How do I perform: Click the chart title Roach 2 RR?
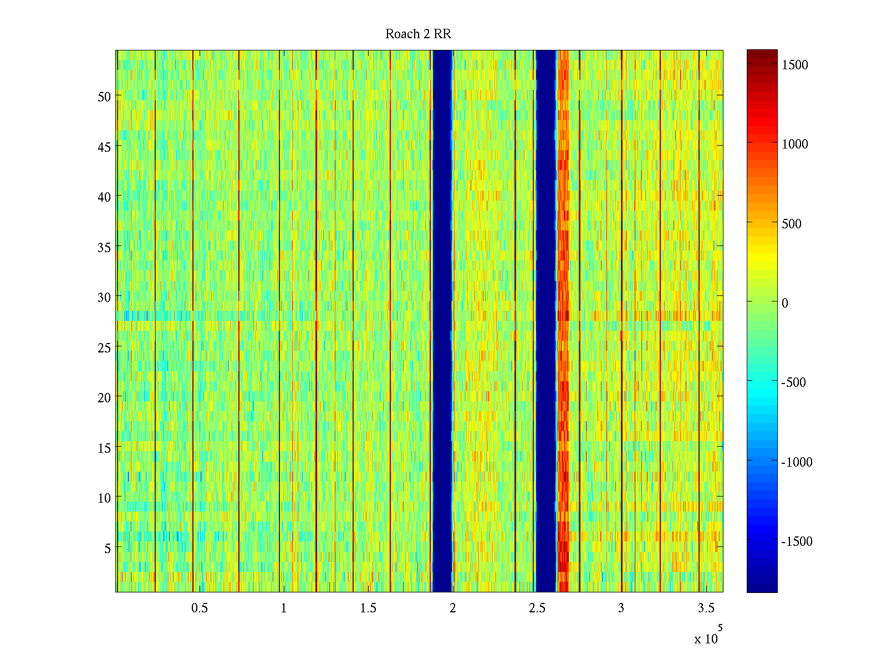pyautogui.click(x=418, y=34)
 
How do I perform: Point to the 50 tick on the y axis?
pyautogui.click(x=104, y=96)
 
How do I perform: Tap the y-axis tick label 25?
pyautogui.click(x=104, y=347)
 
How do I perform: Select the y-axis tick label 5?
pyautogui.click(x=107, y=548)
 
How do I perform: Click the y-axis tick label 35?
pyautogui.click(x=104, y=247)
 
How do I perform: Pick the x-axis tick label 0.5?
pyautogui.click(x=200, y=608)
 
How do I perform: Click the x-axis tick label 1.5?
pyautogui.click(x=368, y=608)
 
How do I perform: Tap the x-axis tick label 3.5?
pyautogui.click(x=706, y=608)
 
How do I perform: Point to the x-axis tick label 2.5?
pyautogui.click(x=537, y=608)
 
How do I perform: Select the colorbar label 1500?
pyautogui.click(x=795, y=65)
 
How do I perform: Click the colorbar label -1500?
pyautogui.click(x=797, y=541)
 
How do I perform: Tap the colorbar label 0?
pyautogui.click(x=784, y=303)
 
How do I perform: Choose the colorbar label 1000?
pyautogui.click(x=795, y=144)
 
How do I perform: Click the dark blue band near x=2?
pyautogui.click(x=442, y=321)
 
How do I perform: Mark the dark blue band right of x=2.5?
pyautogui.click(x=546, y=321)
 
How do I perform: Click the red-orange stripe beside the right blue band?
pyautogui.click(x=563, y=321)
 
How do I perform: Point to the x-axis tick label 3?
pyautogui.click(x=621, y=608)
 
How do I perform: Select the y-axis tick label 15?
pyautogui.click(x=104, y=448)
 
